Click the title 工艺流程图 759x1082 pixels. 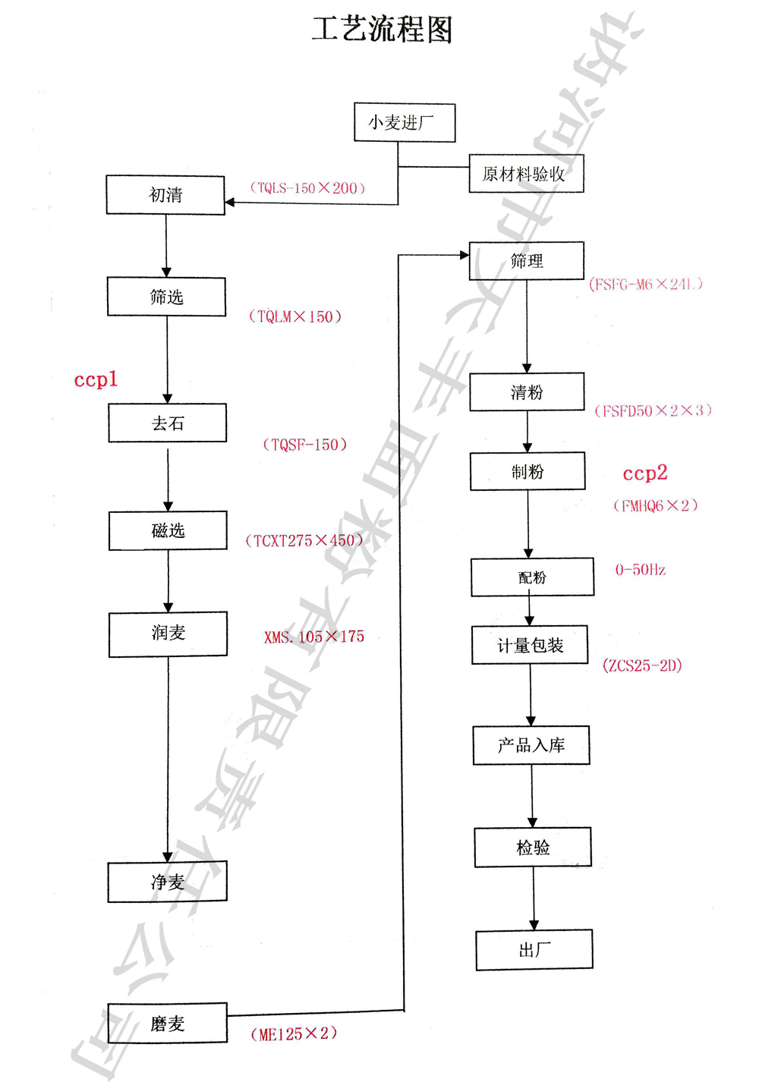(383, 30)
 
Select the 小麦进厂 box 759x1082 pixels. (405, 123)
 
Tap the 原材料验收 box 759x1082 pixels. (526, 174)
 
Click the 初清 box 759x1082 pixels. (165, 195)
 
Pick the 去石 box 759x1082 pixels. (167, 423)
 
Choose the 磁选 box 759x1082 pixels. (168, 530)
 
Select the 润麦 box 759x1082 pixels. (168, 634)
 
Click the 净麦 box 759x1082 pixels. (167, 882)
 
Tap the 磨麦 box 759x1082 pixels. (167, 1024)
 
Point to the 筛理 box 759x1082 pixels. (526, 261)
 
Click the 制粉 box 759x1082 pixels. (528, 471)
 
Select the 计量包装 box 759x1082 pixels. (530, 645)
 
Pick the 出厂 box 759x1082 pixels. (534, 950)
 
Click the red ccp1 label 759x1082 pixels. (96, 379)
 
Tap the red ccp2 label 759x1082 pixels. (644, 473)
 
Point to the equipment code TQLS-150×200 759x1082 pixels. (307, 188)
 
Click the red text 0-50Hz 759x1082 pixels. (640, 570)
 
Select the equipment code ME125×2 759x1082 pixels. (294, 1034)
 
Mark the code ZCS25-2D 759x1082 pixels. (642, 666)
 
